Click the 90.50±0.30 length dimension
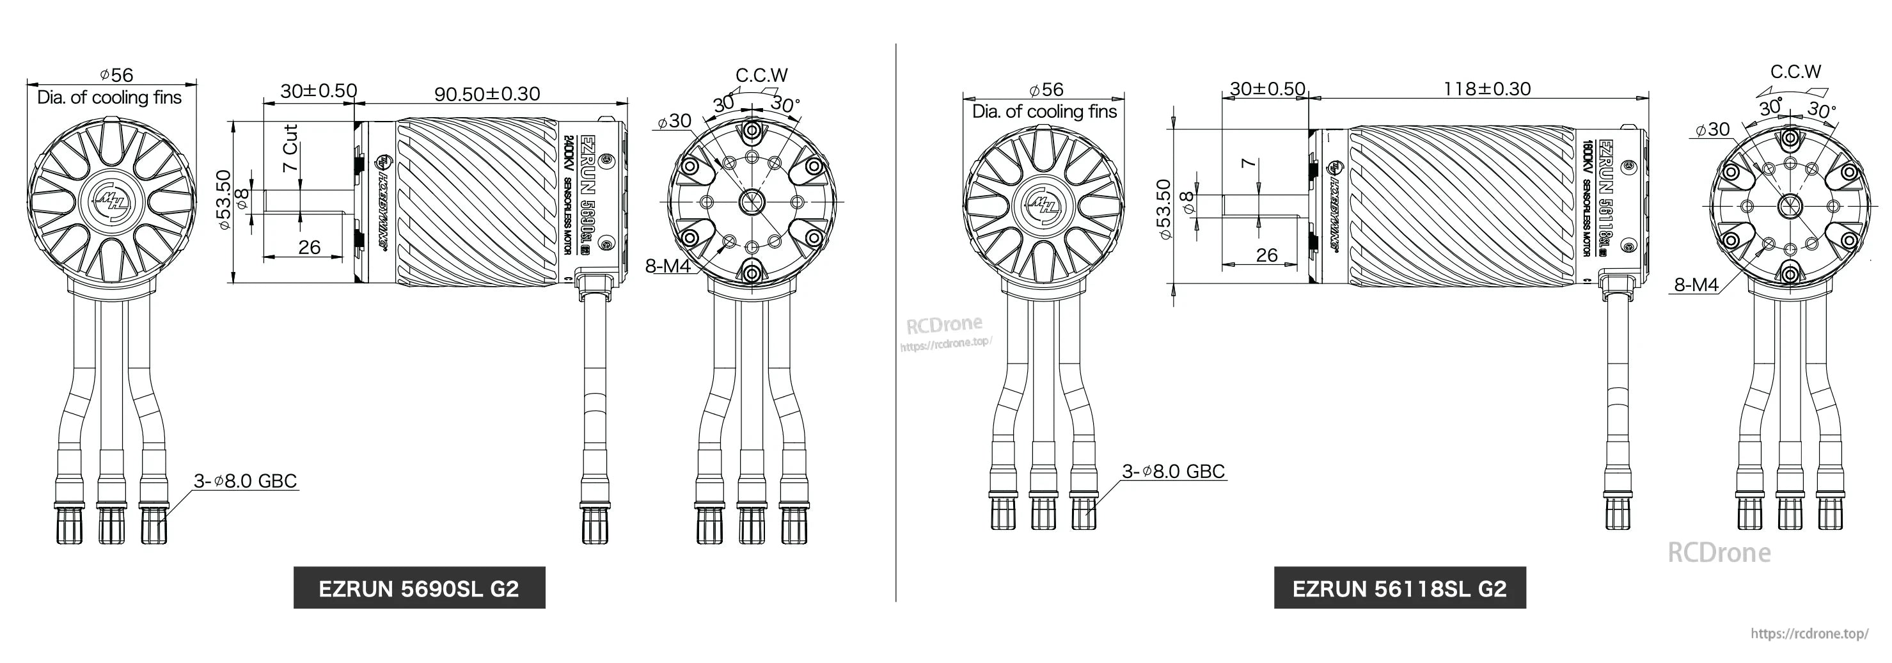click(487, 94)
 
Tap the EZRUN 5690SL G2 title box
click(419, 588)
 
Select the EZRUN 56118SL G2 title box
click(1399, 588)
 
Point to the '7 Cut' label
click(290, 148)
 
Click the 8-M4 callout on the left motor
click(667, 266)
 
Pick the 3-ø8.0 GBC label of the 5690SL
click(246, 481)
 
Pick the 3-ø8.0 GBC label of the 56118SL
click(1174, 471)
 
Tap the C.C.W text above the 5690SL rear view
click(762, 75)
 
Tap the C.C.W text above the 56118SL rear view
click(1795, 72)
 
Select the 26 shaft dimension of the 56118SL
click(1266, 255)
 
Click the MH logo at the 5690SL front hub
click(113, 199)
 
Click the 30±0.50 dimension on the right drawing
click(1267, 89)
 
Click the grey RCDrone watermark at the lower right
click(1719, 552)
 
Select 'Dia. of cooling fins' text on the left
click(109, 98)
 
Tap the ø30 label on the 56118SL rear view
click(1713, 129)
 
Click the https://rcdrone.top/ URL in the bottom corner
click(1809, 634)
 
